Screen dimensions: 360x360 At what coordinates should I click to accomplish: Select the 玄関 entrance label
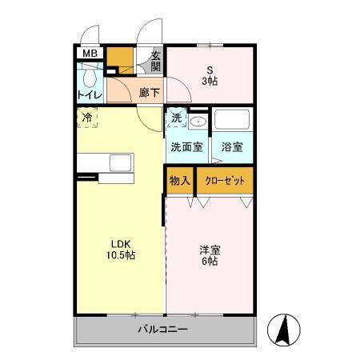[x=157, y=62]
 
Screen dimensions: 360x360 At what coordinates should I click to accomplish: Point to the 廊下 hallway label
[x=149, y=93]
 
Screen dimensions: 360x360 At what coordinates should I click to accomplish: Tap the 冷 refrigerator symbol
[x=87, y=118]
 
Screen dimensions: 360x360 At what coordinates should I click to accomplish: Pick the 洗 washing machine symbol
[x=176, y=119]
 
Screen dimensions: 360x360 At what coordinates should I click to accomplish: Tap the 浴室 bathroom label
[x=232, y=147]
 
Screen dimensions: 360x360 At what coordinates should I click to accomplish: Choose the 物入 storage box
[x=179, y=181]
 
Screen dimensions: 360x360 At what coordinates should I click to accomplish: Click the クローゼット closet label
[x=225, y=181]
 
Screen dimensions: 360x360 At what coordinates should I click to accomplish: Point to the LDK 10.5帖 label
[x=120, y=250]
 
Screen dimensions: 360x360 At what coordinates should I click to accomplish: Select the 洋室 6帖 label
[x=210, y=255]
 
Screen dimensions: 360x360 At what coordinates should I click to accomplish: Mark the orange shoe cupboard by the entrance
[x=122, y=58]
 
